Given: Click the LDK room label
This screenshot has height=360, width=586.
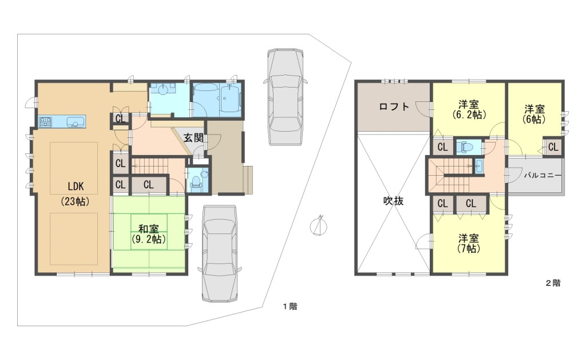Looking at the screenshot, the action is (76, 193).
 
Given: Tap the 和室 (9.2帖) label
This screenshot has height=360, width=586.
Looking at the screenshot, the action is (148, 234).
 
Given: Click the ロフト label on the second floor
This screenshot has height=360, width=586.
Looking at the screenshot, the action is (394, 106).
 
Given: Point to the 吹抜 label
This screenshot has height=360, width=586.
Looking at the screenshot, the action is (394, 201).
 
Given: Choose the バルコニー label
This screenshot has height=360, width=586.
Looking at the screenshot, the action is (543, 175).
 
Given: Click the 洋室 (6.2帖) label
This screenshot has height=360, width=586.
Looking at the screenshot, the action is (469, 109).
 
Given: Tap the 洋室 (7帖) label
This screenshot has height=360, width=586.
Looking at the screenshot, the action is (469, 243).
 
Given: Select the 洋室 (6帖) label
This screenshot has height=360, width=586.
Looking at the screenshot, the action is (534, 114).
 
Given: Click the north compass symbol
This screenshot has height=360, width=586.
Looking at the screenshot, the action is (319, 227).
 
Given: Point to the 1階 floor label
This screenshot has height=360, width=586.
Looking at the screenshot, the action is (290, 307).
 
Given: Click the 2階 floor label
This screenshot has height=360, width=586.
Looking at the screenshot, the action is (553, 283).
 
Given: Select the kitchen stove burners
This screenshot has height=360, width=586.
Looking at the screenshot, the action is (46, 121).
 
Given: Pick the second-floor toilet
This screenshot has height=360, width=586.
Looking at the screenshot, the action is (466, 147).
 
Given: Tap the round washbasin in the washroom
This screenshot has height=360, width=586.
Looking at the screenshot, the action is (163, 90).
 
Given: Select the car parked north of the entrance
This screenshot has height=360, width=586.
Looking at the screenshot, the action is (285, 97).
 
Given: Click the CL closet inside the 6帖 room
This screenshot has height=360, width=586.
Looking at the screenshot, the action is (553, 147).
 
